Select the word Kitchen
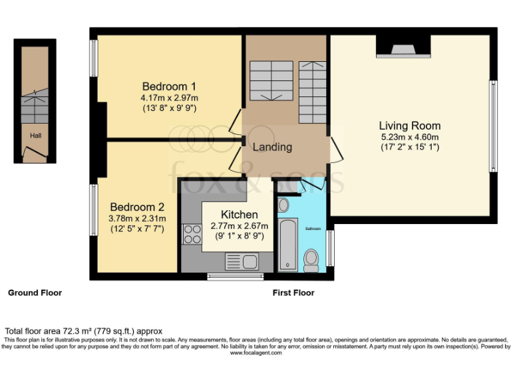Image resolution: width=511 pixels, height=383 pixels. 239,214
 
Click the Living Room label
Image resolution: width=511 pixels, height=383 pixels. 409,126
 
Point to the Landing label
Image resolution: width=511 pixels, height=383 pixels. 272,147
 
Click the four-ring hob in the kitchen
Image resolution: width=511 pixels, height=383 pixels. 192,234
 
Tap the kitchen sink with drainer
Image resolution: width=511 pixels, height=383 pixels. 242,261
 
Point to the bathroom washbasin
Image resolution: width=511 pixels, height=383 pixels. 283,204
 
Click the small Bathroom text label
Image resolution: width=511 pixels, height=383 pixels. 313,229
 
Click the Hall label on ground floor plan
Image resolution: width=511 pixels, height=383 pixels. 35,136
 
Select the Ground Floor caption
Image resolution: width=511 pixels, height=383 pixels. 35,293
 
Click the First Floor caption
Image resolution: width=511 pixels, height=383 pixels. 293,293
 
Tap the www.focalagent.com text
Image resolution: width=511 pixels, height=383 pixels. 255,353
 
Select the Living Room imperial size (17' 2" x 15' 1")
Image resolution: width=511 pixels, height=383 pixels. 409,147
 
